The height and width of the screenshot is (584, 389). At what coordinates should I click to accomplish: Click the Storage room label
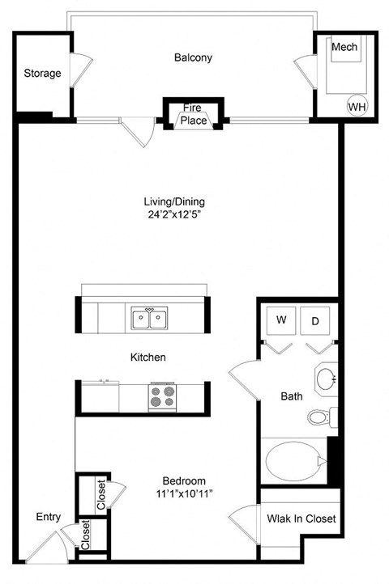click(x=42, y=74)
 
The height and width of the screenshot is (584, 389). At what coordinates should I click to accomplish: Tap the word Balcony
click(x=193, y=57)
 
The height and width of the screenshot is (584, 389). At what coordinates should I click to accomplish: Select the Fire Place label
click(x=193, y=114)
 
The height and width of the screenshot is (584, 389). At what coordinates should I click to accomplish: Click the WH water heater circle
click(x=356, y=105)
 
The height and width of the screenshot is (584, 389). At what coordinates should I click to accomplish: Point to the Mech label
click(x=344, y=47)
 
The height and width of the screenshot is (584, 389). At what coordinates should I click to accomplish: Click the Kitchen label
click(x=149, y=357)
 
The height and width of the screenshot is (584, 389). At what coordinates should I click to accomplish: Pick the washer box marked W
click(x=281, y=320)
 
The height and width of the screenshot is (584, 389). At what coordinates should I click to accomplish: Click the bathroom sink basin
click(x=327, y=379)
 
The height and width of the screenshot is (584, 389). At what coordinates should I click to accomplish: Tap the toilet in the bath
click(x=319, y=417)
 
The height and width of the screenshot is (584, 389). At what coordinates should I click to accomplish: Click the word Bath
click(x=292, y=396)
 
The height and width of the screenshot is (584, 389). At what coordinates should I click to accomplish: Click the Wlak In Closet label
click(x=301, y=518)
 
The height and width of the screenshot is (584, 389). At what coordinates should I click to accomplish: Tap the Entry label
click(x=49, y=517)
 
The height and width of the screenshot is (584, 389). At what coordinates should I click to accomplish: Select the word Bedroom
click(x=182, y=480)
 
